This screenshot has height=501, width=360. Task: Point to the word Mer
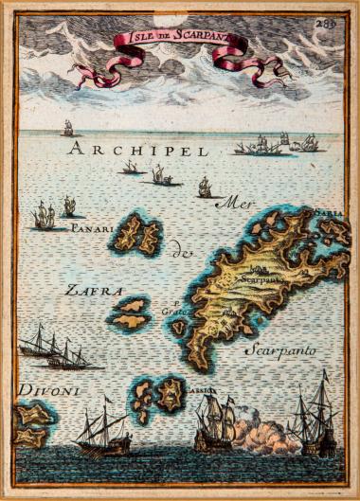click(230, 201)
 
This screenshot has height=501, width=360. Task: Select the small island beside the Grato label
click(178, 328)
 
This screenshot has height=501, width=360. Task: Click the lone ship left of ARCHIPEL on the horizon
click(67, 128)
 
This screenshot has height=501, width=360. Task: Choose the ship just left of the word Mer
click(204, 188)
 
